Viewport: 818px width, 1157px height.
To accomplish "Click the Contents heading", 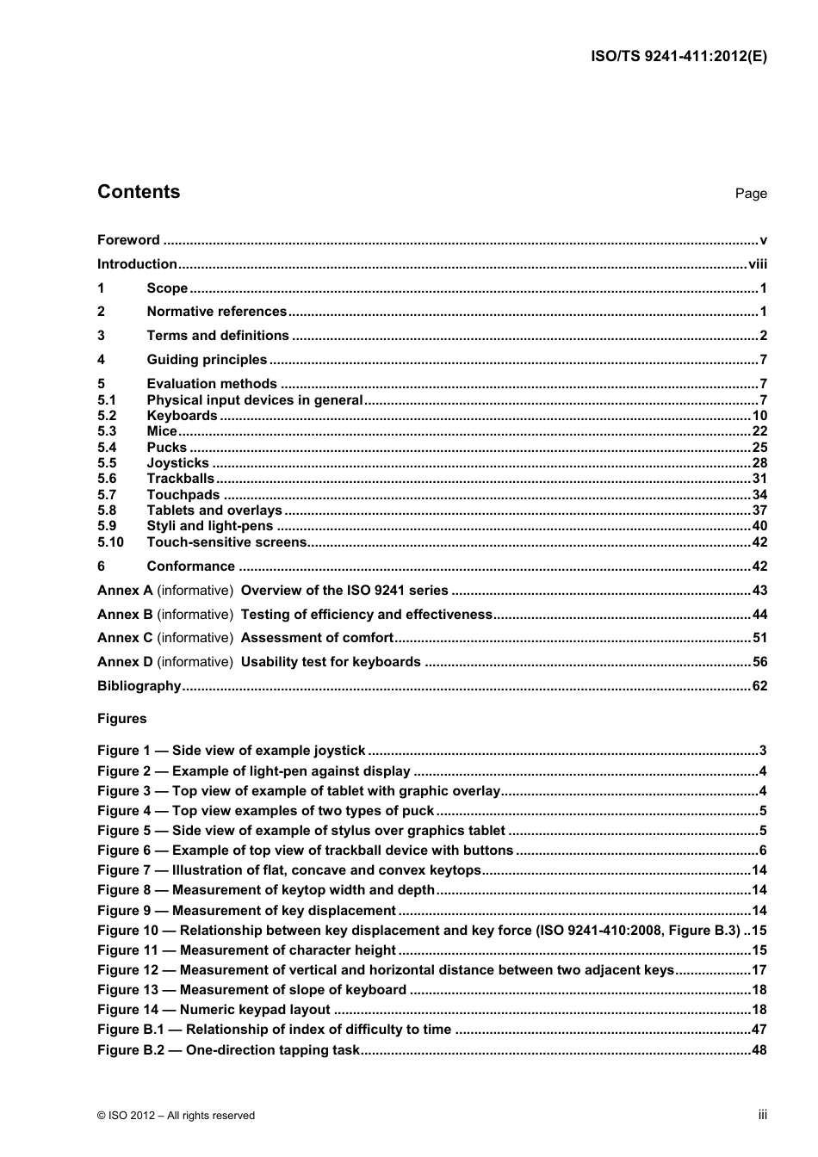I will click(139, 192).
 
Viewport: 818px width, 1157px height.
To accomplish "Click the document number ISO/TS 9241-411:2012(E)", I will click(679, 57).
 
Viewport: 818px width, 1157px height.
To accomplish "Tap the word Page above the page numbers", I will click(750, 194).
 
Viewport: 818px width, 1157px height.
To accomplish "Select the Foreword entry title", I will click(128, 240).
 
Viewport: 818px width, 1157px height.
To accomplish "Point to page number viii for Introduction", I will click(757, 264).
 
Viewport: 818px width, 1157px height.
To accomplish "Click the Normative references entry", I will click(216, 312).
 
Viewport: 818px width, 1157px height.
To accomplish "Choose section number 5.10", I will click(110, 542).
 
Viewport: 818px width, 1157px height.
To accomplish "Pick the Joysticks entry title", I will click(177, 463).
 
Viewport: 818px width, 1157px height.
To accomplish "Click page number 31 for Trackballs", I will click(759, 479).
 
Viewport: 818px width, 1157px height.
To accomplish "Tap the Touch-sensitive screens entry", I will click(226, 542).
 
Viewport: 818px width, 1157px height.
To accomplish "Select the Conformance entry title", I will click(190, 566).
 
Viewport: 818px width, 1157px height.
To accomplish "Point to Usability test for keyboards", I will click(331, 662).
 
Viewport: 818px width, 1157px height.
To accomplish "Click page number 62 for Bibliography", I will click(759, 686).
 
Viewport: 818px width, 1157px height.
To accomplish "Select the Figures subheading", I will click(122, 719).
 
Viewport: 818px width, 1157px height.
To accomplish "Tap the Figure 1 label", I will click(123, 751).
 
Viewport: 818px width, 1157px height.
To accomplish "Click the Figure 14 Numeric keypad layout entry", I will click(214, 1010).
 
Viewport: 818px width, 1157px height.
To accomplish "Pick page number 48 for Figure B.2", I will click(759, 1050).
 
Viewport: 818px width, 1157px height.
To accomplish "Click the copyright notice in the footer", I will click(176, 1116).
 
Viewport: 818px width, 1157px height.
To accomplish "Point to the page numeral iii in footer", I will click(762, 1115).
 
